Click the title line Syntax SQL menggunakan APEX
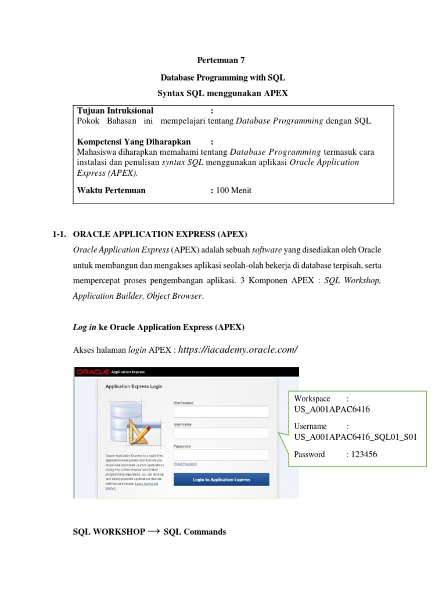coord(223,93)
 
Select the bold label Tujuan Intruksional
coord(115,110)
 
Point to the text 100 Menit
coord(235,190)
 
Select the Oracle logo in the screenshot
coord(91,372)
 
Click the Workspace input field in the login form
coord(221,411)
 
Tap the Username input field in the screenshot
coord(221,433)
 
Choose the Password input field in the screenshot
coord(221,455)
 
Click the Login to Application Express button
coord(221,480)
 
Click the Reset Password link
coord(185,463)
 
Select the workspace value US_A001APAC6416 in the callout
coord(332,410)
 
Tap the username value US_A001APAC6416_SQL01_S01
coord(355,437)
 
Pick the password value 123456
coord(362,454)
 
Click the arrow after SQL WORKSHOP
coord(154,531)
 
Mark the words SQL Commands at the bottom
coord(195,531)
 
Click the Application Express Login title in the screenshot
coord(134,386)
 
